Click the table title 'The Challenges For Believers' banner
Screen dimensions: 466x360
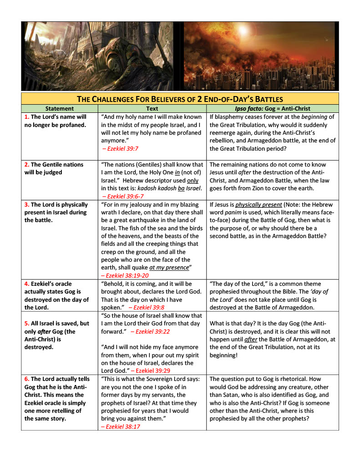point(180,99)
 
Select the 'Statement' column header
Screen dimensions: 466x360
point(59,109)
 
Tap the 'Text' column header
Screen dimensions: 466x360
point(152,109)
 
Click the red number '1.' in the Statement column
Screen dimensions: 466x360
point(27,117)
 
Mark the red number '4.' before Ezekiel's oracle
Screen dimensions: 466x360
point(27,284)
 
